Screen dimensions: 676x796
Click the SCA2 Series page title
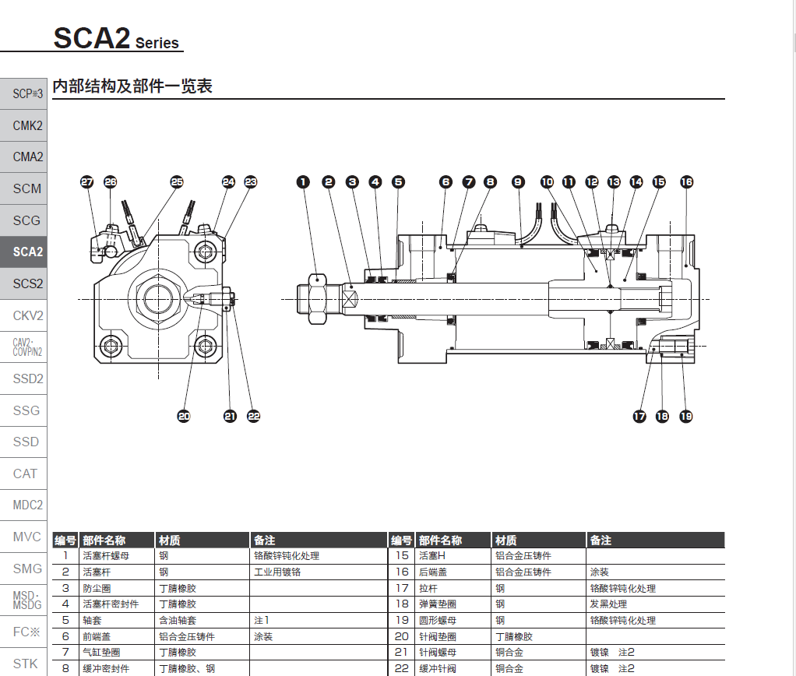pyautogui.click(x=117, y=38)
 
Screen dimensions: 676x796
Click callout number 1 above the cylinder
pyautogui.click(x=303, y=181)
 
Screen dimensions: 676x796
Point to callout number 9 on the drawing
pyautogui.click(x=518, y=181)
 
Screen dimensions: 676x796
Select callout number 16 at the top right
pyautogui.click(x=686, y=181)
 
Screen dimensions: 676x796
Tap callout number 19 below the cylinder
pyautogui.click(x=685, y=417)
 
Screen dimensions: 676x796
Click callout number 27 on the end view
pyautogui.click(x=86, y=181)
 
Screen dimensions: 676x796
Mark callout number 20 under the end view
pyautogui.click(x=184, y=417)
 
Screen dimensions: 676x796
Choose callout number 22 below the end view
pyautogui.click(x=253, y=417)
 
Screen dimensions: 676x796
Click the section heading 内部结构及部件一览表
pyautogui.click(x=132, y=86)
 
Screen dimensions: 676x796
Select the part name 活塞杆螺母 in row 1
pyautogui.click(x=102, y=556)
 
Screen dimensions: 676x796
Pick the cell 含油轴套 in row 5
pyautogui.click(x=178, y=621)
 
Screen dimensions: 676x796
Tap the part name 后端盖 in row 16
pyautogui.click(x=433, y=572)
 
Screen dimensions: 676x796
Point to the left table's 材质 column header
pyautogui.click(x=170, y=540)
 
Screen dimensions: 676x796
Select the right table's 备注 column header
pyautogui.click(x=601, y=540)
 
